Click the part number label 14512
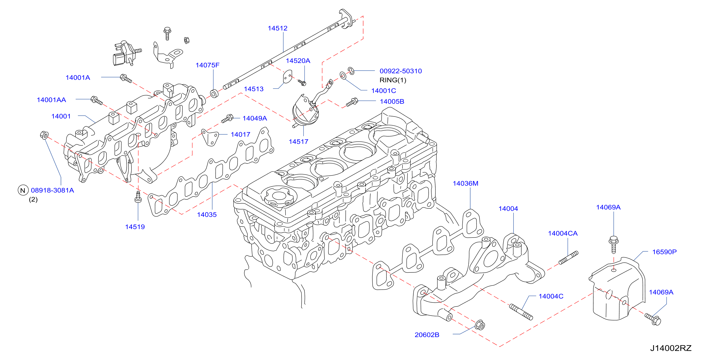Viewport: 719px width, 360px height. [x=278, y=28]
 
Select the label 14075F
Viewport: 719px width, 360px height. [x=207, y=65]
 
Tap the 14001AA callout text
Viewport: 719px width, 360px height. [x=51, y=100]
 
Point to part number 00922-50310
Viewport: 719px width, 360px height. [x=400, y=71]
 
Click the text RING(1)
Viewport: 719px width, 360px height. [x=393, y=80]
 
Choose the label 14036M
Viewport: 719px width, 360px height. [x=465, y=183]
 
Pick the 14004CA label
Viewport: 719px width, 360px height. [x=563, y=233]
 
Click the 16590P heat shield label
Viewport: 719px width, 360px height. [x=664, y=252]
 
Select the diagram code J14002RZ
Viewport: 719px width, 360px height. [x=671, y=348]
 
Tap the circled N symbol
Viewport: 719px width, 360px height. [x=23, y=190]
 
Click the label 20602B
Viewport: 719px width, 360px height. [x=427, y=335]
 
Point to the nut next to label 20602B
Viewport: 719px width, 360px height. [x=480, y=325]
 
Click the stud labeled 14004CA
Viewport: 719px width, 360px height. [x=568, y=258]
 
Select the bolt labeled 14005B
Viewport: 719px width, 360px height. [x=352, y=102]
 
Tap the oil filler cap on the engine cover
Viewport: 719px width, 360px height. [x=278, y=196]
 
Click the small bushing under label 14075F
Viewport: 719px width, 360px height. [x=214, y=93]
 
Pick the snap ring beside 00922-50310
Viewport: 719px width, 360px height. [x=351, y=71]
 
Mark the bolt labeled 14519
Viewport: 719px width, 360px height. [x=138, y=197]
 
